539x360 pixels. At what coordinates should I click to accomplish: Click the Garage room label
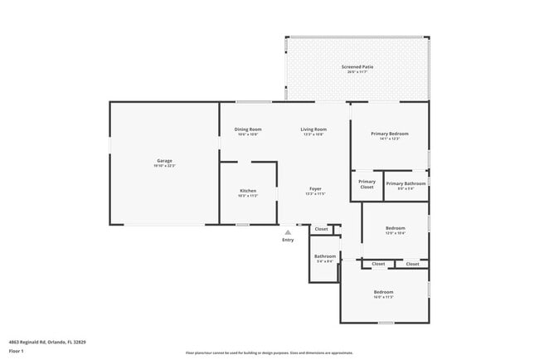[x=164, y=160]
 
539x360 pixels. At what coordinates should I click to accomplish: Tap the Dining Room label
[x=248, y=129]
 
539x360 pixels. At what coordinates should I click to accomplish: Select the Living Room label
[x=313, y=129]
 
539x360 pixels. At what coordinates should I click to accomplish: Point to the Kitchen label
[x=248, y=191]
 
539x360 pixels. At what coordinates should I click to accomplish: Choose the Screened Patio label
[x=357, y=66]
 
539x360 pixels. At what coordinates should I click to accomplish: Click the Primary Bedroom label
[x=389, y=134]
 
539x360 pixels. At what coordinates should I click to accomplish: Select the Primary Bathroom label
[x=405, y=183]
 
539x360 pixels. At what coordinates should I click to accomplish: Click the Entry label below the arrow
[x=288, y=240]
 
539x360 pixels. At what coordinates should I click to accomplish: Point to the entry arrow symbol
[x=288, y=232]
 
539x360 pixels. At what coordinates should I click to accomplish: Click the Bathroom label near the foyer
[x=325, y=256]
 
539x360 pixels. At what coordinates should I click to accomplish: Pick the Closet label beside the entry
[x=321, y=229]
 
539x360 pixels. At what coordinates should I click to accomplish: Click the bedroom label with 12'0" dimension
[x=395, y=228]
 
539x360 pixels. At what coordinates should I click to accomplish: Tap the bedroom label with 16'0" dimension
[x=383, y=292]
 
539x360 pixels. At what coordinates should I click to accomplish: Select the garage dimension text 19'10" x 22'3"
[x=164, y=166]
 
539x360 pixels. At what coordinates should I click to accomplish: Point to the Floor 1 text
[x=17, y=350]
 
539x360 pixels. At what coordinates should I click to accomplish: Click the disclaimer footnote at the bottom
[x=269, y=353]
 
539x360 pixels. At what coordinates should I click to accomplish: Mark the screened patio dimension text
[x=357, y=72]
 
